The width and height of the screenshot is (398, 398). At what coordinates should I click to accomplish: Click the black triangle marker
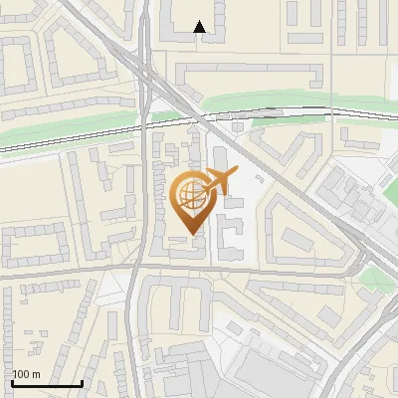[x=200, y=28]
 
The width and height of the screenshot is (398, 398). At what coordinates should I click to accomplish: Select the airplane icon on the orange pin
[x=220, y=181]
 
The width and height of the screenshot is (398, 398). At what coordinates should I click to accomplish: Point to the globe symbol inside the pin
[x=189, y=194]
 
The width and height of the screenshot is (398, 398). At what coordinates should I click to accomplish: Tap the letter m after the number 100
[x=36, y=374]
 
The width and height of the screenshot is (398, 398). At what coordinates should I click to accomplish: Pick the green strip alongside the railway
[x=259, y=100]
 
